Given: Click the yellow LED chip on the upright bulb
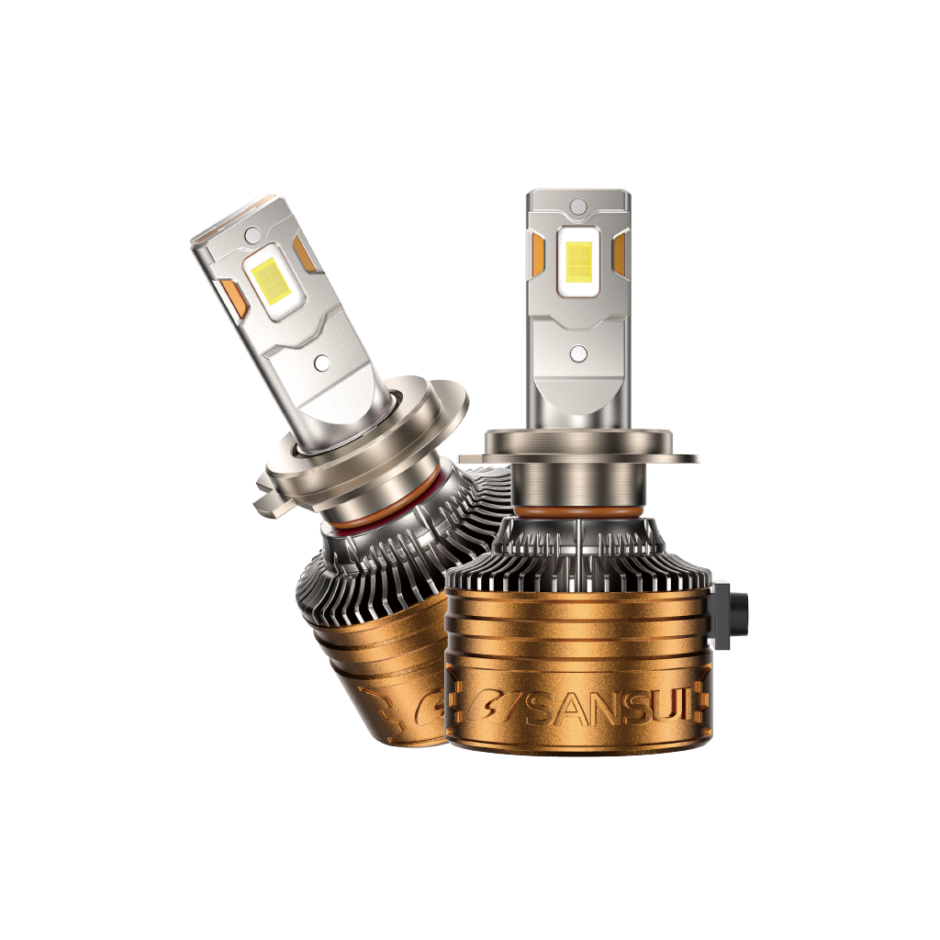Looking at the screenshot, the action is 577,262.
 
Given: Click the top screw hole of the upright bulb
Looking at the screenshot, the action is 578,207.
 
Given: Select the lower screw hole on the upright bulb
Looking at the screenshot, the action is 578,353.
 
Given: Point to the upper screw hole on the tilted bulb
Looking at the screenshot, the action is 252,232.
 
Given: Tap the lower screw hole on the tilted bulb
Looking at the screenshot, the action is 322,362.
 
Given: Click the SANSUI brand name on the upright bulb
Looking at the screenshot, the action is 609,710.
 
